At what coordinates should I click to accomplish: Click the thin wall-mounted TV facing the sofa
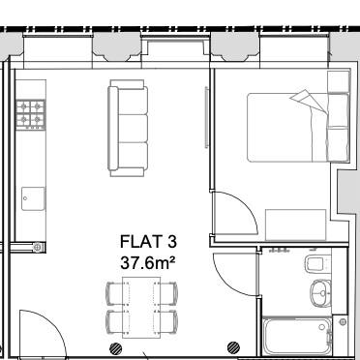point(205,118)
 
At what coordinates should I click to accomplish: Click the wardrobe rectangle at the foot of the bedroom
point(300,224)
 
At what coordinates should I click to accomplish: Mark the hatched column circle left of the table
point(116,345)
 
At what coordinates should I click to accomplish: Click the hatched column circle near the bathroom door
point(233,345)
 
